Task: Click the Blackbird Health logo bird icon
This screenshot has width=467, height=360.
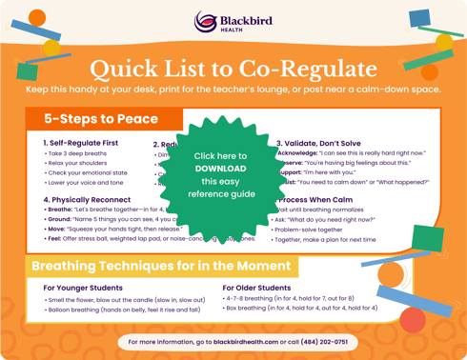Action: click(x=203, y=22)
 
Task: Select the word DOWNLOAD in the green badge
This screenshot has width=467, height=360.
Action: click(x=220, y=168)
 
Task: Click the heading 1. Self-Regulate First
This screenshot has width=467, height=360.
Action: click(x=81, y=143)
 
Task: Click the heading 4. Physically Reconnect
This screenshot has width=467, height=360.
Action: click(x=88, y=199)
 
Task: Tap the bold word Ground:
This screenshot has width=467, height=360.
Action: click(x=59, y=219)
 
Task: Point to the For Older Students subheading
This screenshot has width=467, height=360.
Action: click(x=256, y=288)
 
